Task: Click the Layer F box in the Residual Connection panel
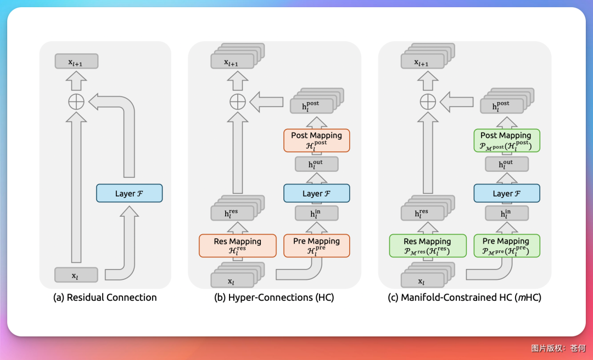(129, 193)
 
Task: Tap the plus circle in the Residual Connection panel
(76, 102)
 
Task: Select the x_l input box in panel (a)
(76, 274)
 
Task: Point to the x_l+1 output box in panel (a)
(76, 61)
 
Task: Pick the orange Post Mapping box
(317, 140)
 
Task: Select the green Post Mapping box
(506, 140)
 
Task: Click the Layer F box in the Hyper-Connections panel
(317, 193)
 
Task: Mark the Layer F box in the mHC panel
(506, 193)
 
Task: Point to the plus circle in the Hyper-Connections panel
(237, 102)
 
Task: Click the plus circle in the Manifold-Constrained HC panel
(427, 102)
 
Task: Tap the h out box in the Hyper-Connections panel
(317, 164)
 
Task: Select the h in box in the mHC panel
(506, 213)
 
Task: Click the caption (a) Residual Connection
(105, 297)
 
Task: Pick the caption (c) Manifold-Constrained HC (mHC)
(464, 297)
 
